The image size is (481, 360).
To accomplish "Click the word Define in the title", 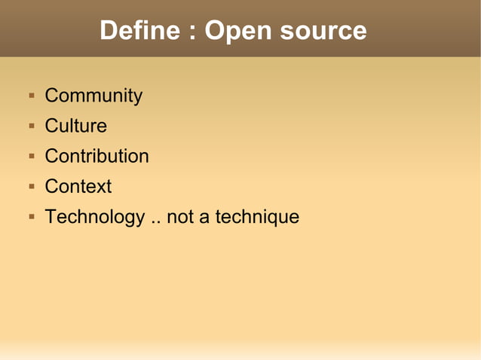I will pyautogui.click(x=140, y=31).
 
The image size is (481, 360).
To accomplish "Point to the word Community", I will pyautogui.click(x=93, y=96).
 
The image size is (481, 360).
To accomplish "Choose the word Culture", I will pyautogui.click(x=76, y=127).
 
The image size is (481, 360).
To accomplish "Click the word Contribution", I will pyautogui.click(x=97, y=157).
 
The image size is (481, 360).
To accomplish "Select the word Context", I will pyautogui.click(x=78, y=187).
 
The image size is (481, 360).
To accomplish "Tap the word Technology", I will pyautogui.click(x=95, y=218).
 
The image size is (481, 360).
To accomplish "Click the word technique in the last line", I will pyautogui.click(x=257, y=218).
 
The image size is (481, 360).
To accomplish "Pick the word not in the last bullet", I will pyautogui.click(x=180, y=218).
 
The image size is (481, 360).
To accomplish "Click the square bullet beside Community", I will pyautogui.click(x=32, y=96).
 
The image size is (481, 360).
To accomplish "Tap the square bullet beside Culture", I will pyautogui.click(x=32, y=127).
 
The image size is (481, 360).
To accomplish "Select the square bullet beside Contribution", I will pyautogui.click(x=32, y=157).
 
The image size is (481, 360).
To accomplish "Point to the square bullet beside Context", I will pyautogui.click(x=32, y=187).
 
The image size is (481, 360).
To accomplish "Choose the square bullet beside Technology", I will pyautogui.click(x=32, y=217).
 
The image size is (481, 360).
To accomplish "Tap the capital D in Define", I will pyautogui.click(x=109, y=31).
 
